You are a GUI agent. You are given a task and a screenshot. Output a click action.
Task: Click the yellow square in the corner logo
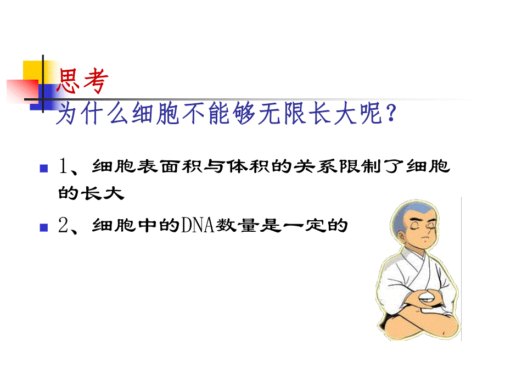pos(33,71)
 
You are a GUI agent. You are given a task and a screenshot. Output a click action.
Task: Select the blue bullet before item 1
pos(44,167)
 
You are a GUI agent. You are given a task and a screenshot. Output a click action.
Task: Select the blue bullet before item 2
pos(44,226)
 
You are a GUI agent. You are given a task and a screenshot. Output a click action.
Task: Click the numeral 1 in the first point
pos(63,166)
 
